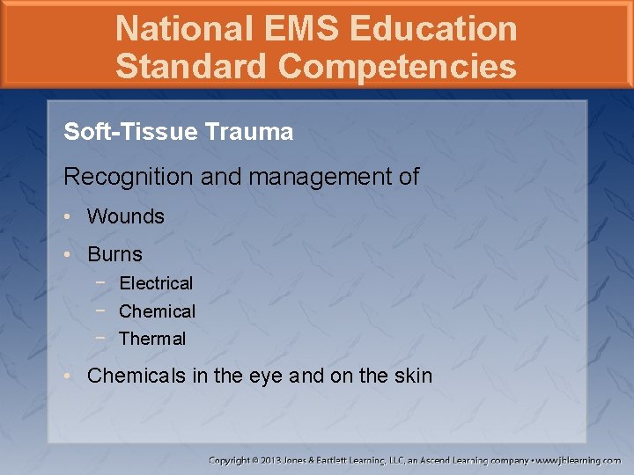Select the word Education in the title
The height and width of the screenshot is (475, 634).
[433, 29]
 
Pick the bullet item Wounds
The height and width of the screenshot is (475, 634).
[126, 216]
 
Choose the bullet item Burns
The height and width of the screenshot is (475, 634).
[114, 255]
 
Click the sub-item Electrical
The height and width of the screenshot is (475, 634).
[156, 283]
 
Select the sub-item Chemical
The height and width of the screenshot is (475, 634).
[157, 311]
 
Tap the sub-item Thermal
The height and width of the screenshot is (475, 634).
[152, 339]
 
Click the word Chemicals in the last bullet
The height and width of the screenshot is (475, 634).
[136, 376]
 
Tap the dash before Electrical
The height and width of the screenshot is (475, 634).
[101, 283]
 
